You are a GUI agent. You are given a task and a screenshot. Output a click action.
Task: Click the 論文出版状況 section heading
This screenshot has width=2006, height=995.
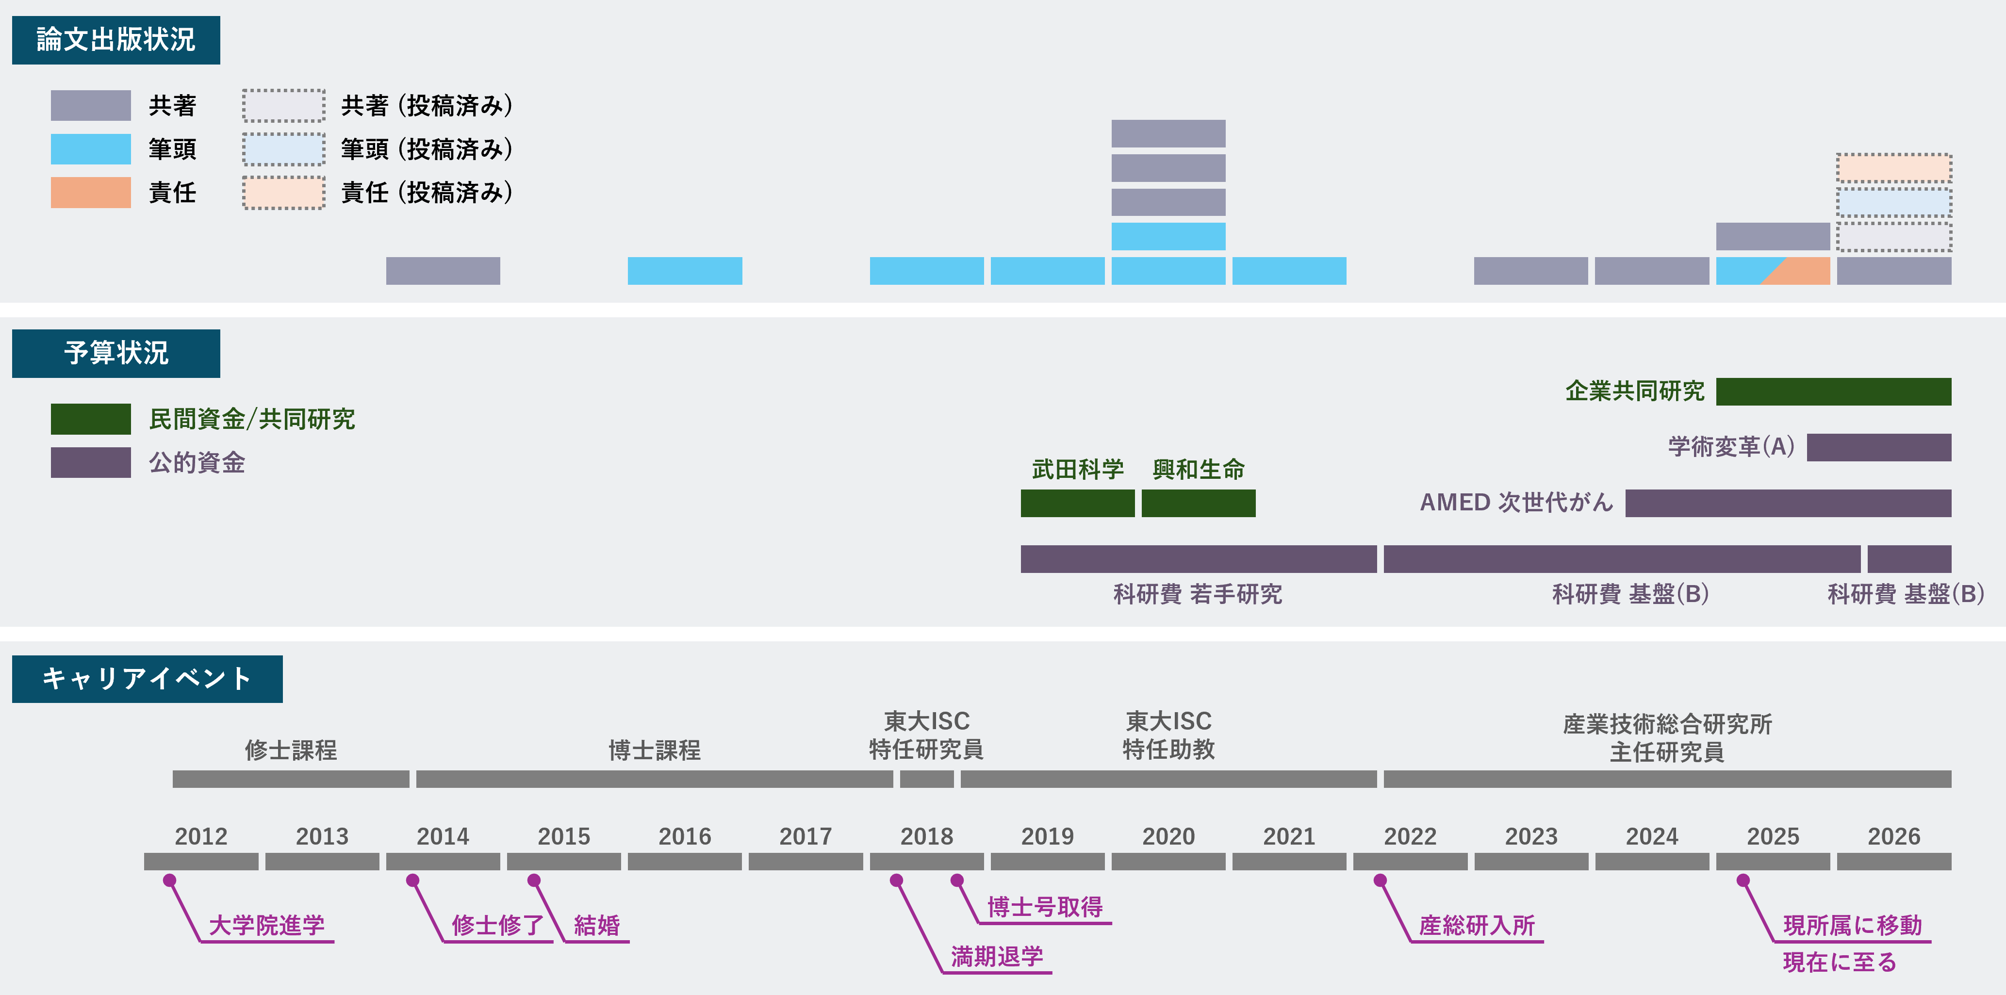(116, 40)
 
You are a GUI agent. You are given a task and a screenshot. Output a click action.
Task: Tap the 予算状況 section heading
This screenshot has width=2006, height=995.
(116, 354)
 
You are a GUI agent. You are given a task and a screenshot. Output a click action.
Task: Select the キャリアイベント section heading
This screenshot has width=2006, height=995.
(147, 679)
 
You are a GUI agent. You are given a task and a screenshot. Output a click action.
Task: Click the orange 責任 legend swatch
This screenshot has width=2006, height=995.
(90, 192)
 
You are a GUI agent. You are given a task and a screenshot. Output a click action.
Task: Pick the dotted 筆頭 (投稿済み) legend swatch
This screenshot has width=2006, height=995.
(283, 149)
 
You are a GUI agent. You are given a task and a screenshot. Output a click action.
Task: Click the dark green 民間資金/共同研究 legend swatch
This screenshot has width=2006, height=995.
(90, 419)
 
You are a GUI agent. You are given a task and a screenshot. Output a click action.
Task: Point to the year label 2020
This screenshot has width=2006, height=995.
(1168, 836)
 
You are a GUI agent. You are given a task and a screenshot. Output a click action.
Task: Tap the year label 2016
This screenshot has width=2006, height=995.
(685, 836)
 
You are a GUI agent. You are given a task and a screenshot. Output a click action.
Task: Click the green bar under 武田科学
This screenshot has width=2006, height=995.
(1078, 503)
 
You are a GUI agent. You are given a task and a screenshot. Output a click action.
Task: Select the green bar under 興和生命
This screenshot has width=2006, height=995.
(1199, 503)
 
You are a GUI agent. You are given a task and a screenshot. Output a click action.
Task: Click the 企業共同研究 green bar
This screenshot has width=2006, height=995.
(1834, 391)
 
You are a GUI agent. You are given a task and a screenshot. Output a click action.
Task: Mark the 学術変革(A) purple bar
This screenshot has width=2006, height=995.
(1879, 448)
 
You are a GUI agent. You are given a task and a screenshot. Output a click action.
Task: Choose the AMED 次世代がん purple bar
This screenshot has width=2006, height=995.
(1789, 503)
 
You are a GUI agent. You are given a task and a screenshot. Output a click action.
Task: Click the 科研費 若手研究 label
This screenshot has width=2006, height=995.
(1198, 594)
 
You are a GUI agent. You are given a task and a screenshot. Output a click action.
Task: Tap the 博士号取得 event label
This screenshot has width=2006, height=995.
(1045, 907)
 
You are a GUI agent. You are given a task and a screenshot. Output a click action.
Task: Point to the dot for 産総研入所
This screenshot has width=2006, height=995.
(1380, 881)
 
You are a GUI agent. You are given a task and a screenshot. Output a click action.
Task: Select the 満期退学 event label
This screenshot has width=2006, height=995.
(997, 956)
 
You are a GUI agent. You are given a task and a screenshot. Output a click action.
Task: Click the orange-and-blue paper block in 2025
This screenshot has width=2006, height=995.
(1773, 271)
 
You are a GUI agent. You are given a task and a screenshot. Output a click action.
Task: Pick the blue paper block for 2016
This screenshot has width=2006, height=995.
(685, 271)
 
